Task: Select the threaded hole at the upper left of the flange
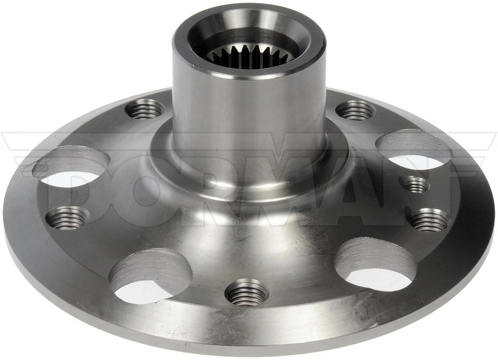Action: (144, 108)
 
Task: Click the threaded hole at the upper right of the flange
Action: (355, 109)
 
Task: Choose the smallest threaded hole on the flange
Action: (416, 184)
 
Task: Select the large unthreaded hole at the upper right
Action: (414, 149)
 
